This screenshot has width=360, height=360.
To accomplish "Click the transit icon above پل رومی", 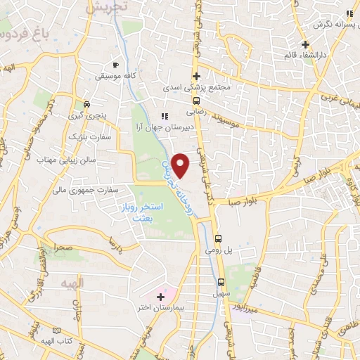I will (x=219, y=238).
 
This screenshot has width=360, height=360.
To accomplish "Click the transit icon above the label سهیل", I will (x=221, y=282).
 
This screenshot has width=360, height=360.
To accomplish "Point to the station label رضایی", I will (x=194, y=110).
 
